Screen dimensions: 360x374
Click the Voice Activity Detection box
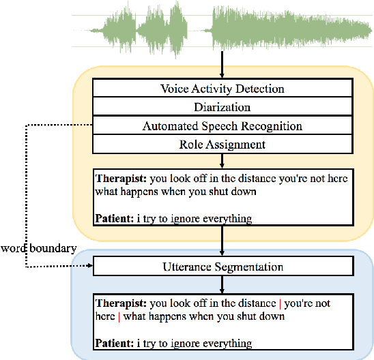[222, 89]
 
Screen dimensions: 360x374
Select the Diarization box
[222, 107]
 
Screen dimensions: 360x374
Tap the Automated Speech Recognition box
[222, 126]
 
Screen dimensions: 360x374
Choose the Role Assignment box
[222, 145]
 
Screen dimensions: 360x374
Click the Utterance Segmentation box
[222, 267]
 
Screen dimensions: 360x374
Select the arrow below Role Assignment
[222, 161]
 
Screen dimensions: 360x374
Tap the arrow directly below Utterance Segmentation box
[222, 285]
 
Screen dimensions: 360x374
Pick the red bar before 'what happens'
[119, 317]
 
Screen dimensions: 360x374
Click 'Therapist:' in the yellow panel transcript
[121, 178]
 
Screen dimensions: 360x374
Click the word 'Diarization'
[222, 107]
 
